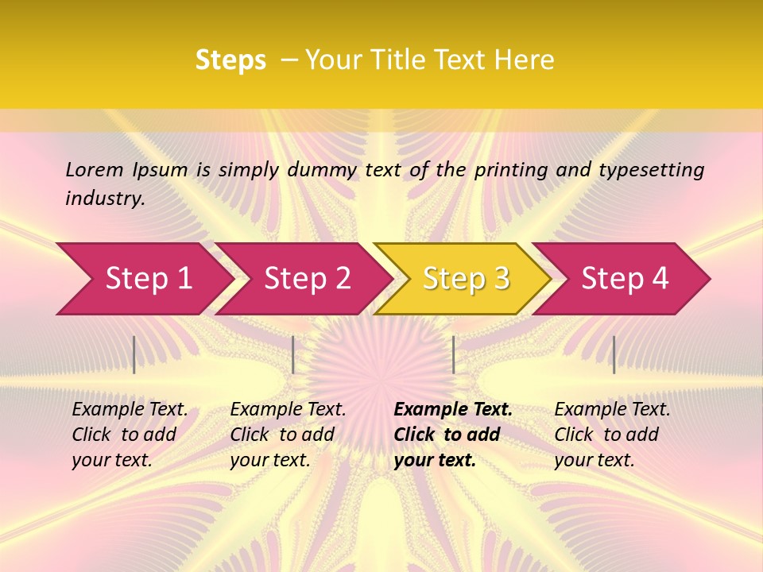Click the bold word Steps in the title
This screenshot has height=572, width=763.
230,60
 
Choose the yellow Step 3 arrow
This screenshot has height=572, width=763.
465,279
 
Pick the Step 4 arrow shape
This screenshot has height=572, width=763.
625,279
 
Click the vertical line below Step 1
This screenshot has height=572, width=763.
134,354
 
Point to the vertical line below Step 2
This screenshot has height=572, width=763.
293,354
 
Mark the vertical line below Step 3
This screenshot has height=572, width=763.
453,354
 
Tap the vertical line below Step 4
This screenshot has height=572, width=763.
614,354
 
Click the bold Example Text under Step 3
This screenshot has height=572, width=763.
453,410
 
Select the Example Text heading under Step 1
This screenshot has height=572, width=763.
130,410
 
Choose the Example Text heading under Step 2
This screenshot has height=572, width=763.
288,410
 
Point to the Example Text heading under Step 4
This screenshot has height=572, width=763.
612,410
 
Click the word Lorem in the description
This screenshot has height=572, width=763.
95,169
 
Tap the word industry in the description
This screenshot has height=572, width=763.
104,199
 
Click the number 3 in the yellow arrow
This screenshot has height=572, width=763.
501,279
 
